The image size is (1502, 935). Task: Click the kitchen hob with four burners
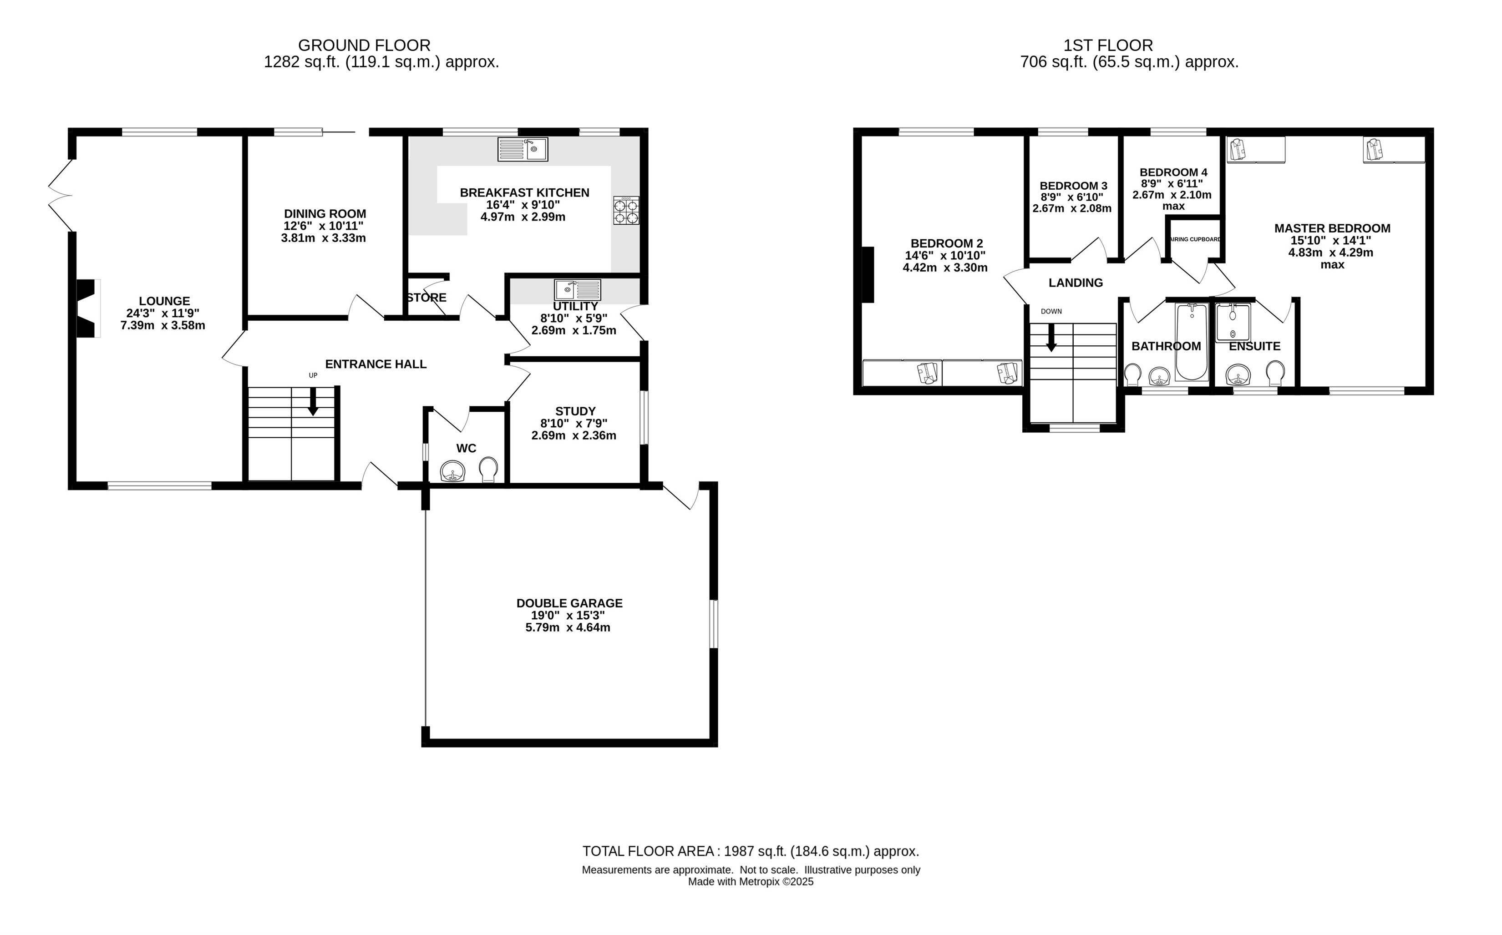[626, 210]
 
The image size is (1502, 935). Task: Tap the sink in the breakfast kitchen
[523, 149]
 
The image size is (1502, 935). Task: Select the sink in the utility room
[578, 290]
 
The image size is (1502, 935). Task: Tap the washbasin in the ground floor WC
[453, 471]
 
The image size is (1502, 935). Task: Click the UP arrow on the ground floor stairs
[313, 401]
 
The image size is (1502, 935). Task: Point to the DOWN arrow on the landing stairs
[1051, 338]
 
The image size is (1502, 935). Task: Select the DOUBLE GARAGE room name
[569, 603]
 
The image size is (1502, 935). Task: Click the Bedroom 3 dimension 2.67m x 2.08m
[1072, 209]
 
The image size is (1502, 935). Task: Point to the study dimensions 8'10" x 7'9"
[574, 424]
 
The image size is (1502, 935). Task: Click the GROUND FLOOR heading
[365, 45]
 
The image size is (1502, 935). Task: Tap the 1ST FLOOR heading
[1108, 45]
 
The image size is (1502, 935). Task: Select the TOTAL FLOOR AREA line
[751, 852]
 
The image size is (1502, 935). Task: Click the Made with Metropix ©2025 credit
[751, 882]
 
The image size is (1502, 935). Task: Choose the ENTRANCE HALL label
[375, 364]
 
